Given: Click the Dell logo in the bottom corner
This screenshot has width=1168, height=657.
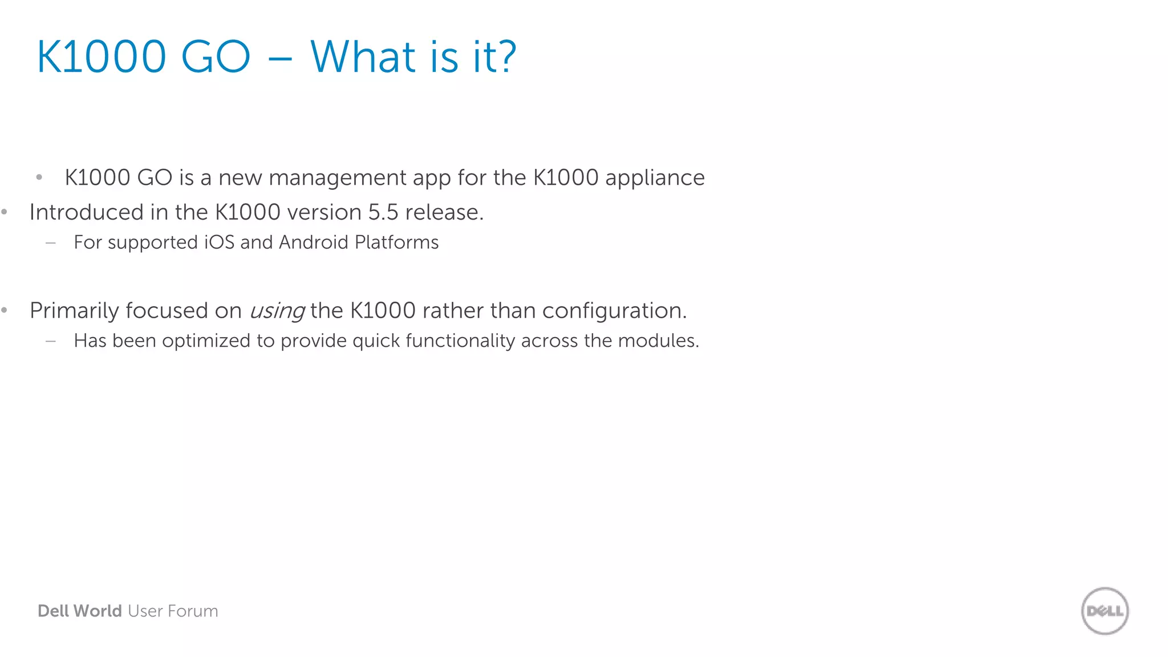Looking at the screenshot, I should coord(1105,611).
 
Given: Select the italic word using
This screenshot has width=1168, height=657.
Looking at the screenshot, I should coord(277,311).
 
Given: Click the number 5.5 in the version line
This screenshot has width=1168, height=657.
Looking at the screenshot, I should coord(383,212).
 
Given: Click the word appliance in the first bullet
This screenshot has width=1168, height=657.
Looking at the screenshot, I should coord(655,178).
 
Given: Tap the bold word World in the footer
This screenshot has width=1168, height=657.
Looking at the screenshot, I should coord(98,611).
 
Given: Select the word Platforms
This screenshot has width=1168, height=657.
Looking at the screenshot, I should coord(396,242).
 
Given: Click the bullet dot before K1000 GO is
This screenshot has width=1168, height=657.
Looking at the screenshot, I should coord(39,177).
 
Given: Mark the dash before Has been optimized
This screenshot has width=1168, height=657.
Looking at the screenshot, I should coord(51,341).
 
